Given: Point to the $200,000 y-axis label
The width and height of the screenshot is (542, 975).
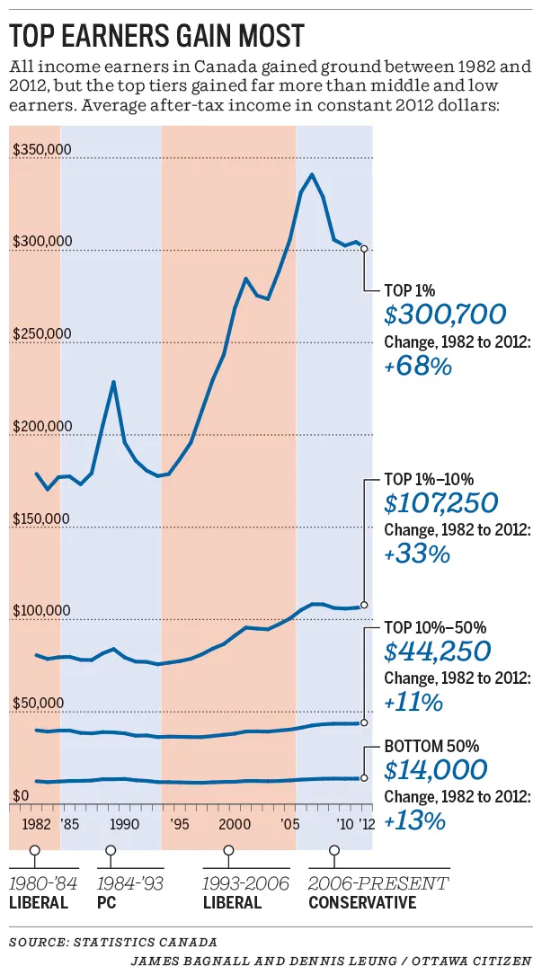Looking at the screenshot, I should [x=42, y=427].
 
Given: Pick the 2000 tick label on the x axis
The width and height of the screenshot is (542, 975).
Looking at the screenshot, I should [x=233, y=823].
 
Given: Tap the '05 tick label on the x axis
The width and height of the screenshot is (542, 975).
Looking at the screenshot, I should [x=289, y=823].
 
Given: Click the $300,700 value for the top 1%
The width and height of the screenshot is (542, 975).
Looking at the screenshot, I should [x=445, y=315].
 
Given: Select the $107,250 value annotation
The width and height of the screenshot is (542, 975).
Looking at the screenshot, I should [x=440, y=502].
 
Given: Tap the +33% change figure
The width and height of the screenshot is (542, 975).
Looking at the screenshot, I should [x=416, y=554].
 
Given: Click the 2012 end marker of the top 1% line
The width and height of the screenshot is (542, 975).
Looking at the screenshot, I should [x=364, y=249].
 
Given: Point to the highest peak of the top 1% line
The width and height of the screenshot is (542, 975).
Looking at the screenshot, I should [x=311, y=174].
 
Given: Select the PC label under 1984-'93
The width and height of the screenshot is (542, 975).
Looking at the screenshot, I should [x=106, y=902].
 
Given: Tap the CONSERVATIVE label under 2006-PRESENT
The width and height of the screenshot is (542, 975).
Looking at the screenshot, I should [x=362, y=902].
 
